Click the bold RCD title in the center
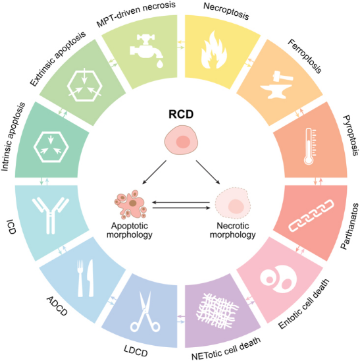pyautogui.click(x=181, y=115)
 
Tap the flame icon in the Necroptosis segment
pyautogui.click(x=214, y=50)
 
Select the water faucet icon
pyautogui.click(x=147, y=51)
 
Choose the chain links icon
pyautogui.click(x=311, y=215)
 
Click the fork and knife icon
pyautogui.click(x=86, y=278)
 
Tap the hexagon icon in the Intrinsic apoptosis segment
pyautogui.click(x=51, y=147)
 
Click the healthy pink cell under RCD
pyautogui.click(x=181, y=140)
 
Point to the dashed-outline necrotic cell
pyautogui.click(x=232, y=204)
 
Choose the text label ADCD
pyautogui.click(x=57, y=306)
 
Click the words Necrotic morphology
pyautogui.click(x=232, y=230)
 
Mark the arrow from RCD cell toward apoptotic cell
pyautogui.click(x=154, y=172)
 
